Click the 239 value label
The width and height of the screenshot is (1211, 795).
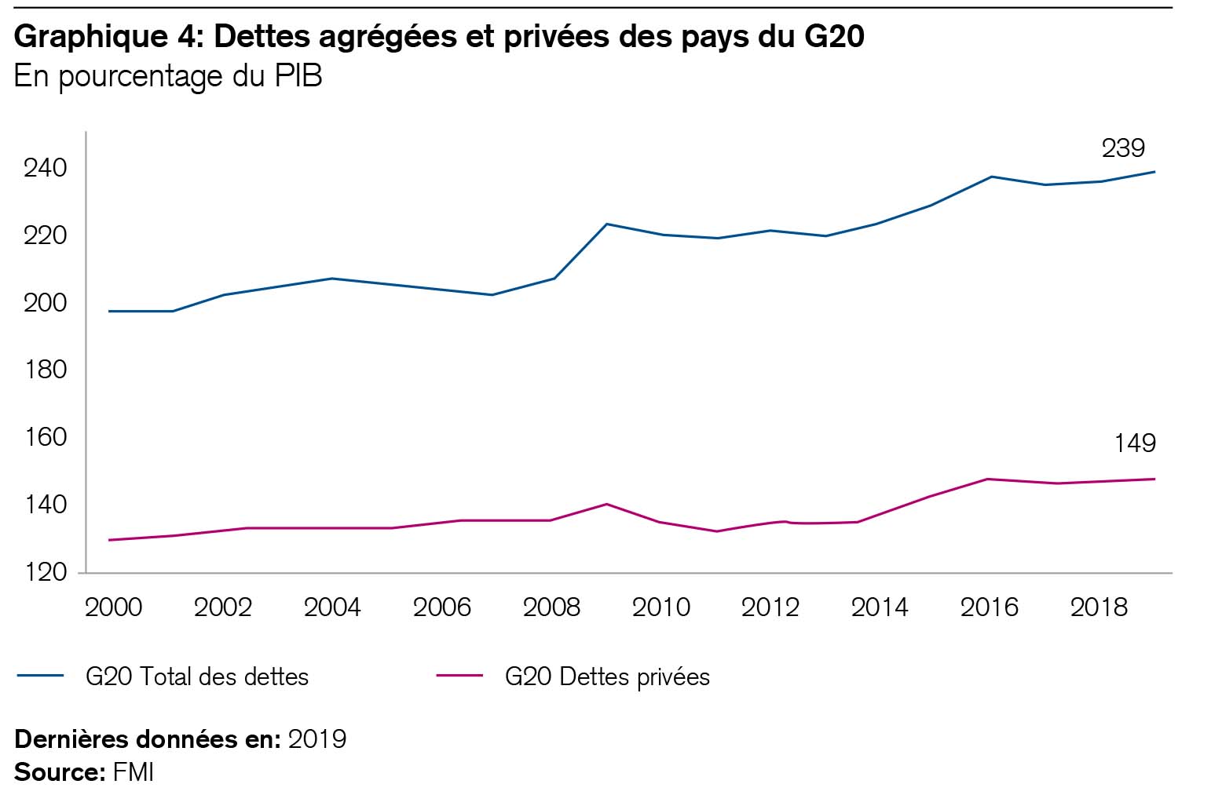tap(1123, 148)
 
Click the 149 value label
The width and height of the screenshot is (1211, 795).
tap(1134, 443)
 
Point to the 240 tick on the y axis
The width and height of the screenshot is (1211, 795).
tap(46, 168)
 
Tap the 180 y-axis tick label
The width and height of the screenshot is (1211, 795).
tap(46, 370)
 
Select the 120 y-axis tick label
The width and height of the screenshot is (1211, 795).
tap(46, 572)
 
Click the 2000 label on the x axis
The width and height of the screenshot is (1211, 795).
tap(113, 607)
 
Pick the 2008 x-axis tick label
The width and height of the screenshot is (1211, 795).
tap(551, 607)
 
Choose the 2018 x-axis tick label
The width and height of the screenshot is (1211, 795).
tap(1099, 607)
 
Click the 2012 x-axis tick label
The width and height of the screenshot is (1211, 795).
tap(770, 607)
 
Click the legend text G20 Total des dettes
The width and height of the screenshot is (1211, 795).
tap(197, 677)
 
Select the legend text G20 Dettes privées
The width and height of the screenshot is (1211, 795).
tap(607, 677)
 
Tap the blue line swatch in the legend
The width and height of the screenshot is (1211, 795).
tap(38, 676)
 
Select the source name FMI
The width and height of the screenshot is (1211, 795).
tap(134, 772)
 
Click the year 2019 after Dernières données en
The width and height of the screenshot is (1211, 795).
tap(317, 739)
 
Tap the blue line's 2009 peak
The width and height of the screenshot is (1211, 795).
tap(606, 224)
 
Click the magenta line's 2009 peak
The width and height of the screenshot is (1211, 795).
tap(606, 504)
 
